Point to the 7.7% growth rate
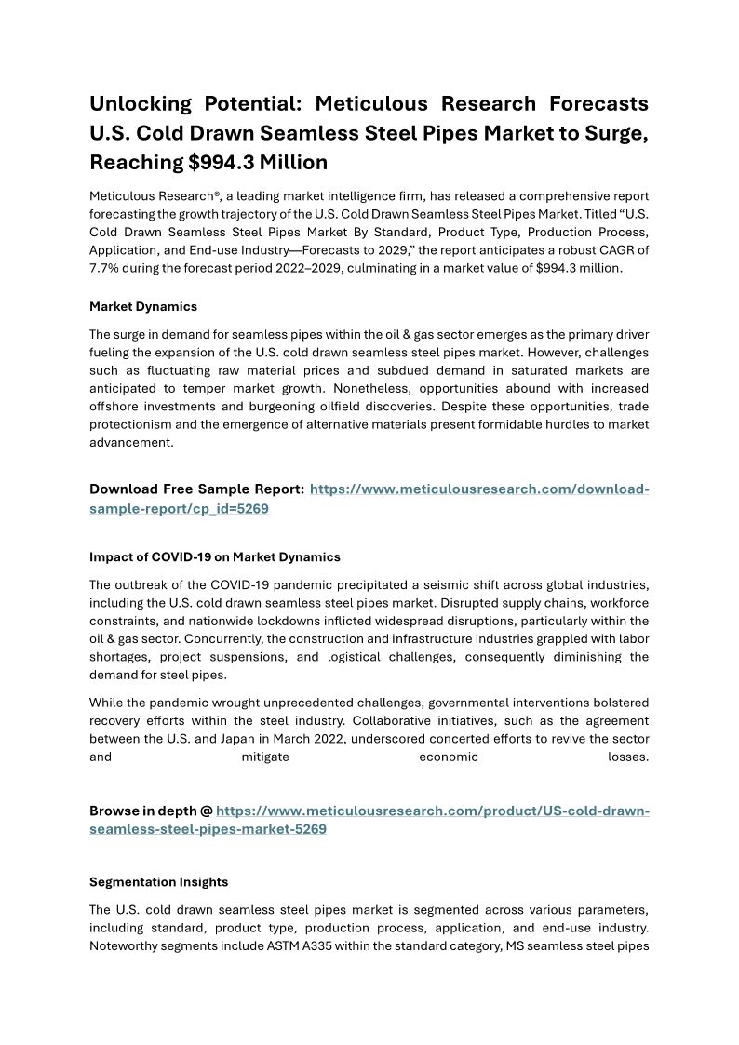[107, 267]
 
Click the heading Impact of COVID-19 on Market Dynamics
[215, 557]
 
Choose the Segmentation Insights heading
[158, 881]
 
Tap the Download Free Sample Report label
[196, 489]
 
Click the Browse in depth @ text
[150, 811]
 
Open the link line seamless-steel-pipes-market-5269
[208, 829]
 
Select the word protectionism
[131, 424]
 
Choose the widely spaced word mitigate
[265, 757]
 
